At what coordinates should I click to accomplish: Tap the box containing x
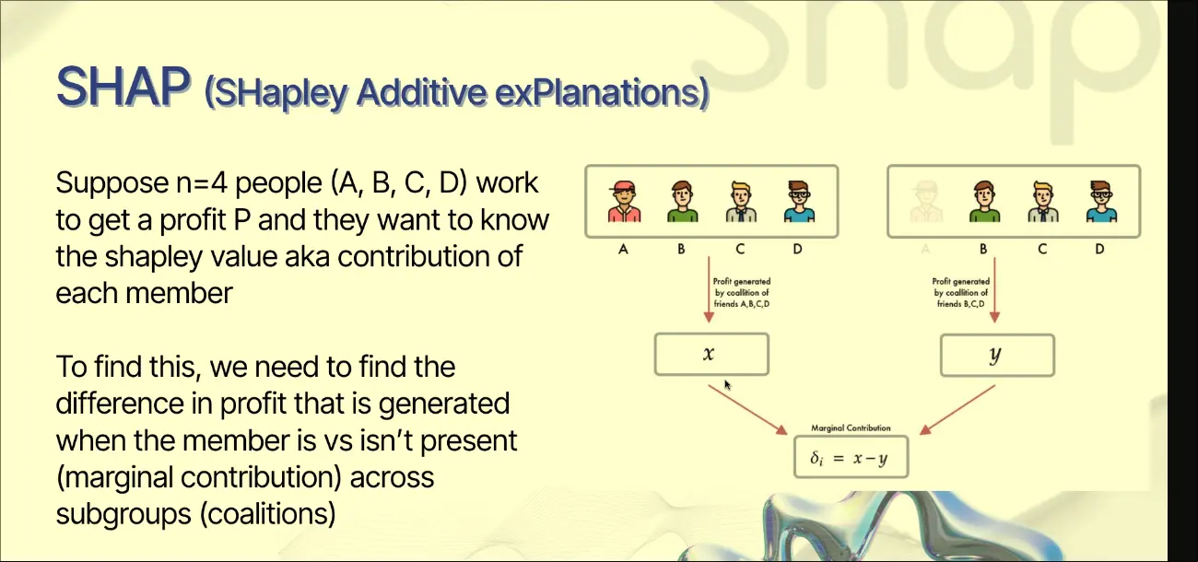(711, 354)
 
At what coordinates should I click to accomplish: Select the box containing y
(997, 356)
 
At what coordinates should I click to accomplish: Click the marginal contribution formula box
(851, 457)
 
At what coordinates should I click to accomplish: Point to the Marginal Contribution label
(851, 427)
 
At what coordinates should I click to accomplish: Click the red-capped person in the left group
(624, 201)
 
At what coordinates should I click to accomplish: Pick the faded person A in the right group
(926, 202)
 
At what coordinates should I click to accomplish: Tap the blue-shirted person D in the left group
(799, 201)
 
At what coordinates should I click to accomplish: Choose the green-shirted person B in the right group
(984, 201)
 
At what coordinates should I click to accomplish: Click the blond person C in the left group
(741, 201)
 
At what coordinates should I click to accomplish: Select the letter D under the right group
(1099, 249)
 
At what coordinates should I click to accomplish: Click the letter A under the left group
(623, 249)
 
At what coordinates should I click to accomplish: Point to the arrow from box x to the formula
(747, 409)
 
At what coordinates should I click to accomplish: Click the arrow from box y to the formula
(957, 410)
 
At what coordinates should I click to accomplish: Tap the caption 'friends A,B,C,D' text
(742, 304)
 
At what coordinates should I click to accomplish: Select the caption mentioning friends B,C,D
(960, 292)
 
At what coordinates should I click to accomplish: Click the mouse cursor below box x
(727, 385)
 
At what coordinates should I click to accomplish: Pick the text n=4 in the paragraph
(202, 183)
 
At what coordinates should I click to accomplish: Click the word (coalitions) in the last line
(267, 514)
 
